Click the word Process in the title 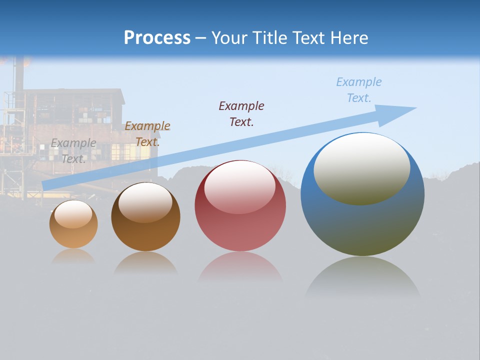pyautogui.click(x=157, y=38)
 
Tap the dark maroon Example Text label pyautogui.click(x=241, y=113)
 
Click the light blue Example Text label pyautogui.click(x=359, y=89)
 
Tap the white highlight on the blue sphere pyautogui.click(x=362, y=168)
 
